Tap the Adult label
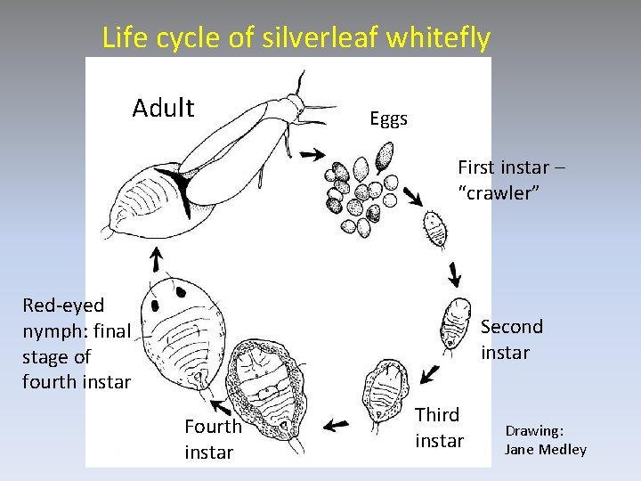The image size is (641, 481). tap(163, 109)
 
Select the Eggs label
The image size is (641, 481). tap(389, 118)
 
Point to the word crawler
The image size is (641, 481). tap(499, 193)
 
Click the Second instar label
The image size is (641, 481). tap(511, 339)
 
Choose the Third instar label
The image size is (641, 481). tap(439, 428)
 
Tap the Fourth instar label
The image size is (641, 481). tap(212, 439)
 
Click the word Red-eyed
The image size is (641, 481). tap(63, 306)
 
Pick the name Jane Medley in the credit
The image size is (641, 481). tap(545, 449)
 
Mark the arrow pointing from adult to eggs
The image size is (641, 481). tap(312, 154)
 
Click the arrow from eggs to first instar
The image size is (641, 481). tap(412, 195)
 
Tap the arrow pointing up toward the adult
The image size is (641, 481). tap(155, 259)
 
